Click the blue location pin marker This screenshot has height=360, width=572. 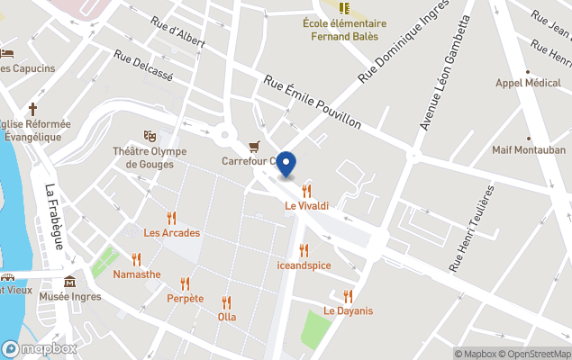point(286,165)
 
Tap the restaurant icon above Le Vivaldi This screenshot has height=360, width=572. point(307,190)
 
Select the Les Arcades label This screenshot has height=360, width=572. point(171,233)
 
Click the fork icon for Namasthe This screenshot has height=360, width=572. point(136,259)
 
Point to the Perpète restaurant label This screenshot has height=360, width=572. point(185,298)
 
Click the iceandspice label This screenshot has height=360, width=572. point(304,265)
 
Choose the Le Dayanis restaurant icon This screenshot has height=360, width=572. point(348,296)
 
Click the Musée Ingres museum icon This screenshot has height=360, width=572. point(70,282)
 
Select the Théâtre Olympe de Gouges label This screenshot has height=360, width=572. point(150,157)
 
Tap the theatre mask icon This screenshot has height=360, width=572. point(150,135)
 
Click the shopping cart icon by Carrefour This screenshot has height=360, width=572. point(255,146)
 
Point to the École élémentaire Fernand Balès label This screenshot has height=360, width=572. point(345,30)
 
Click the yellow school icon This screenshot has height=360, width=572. point(344,8)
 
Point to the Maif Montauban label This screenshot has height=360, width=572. point(529,149)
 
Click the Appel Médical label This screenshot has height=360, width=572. point(529,84)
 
